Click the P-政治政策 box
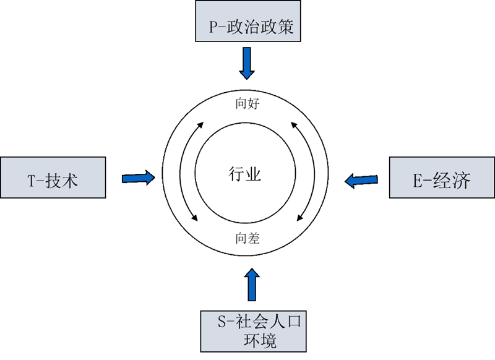tap(247, 21)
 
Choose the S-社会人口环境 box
tap(253, 330)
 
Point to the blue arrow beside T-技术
tap(138, 178)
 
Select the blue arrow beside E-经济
tap(361, 180)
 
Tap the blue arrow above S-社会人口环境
tap(251, 285)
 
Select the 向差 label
tap(247, 238)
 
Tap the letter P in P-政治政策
tap(214, 28)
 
